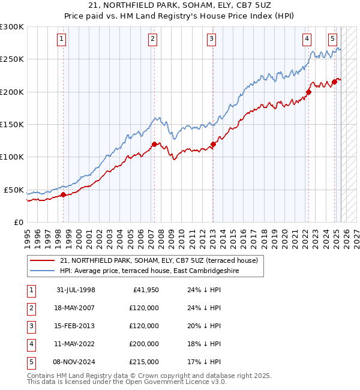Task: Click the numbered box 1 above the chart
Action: (x=63, y=39)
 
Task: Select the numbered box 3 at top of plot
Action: (x=212, y=39)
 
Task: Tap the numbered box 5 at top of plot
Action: (x=332, y=39)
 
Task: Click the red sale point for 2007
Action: (x=154, y=144)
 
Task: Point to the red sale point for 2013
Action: (x=213, y=144)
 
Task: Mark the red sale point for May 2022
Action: (x=308, y=92)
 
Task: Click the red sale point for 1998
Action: (x=64, y=194)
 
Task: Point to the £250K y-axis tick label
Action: (x=12, y=59)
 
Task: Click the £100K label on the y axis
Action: (x=12, y=157)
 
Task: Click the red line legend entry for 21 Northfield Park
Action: (x=158, y=260)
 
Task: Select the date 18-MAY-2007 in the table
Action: (x=76, y=308)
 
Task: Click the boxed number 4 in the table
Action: (x=31, y=344)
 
